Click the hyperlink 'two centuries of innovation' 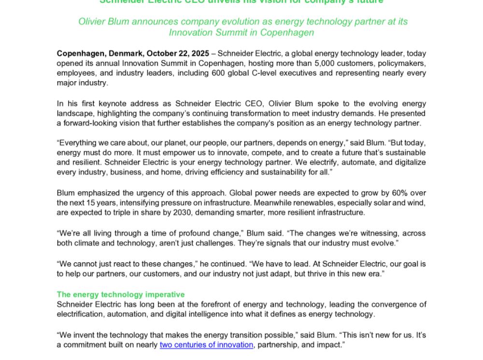click(206, 345)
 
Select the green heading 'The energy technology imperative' click(120, 294)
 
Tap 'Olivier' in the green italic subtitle click(92, 22)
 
